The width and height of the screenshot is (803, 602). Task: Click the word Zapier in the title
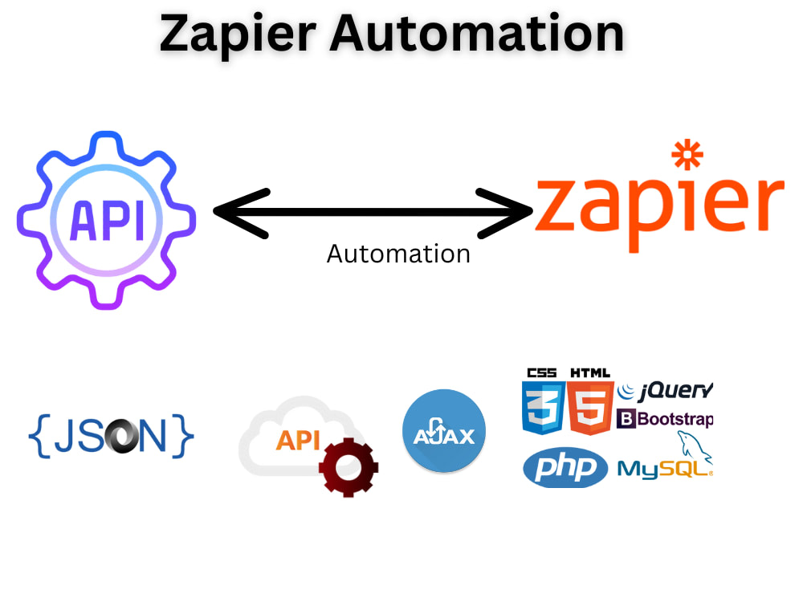pyautogui.click(x=238, y=35)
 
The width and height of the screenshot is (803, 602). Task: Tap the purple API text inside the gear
pyautogui.click(x=107, y=220)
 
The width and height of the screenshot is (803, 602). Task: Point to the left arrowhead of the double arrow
pyautogui.click(x=241, y=213)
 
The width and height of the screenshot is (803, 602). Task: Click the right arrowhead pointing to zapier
pyautogui.click(x=504, y=213)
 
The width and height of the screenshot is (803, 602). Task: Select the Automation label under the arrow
pyautogui.click(x=398, y=254)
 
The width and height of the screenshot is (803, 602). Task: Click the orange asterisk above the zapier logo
pyautogui.click(x=687, y=155)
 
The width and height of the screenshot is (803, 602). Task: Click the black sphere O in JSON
pyautogui.click(x=121, y=437)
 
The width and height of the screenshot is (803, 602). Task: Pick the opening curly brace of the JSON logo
pyautogui.click(x=39, y=436)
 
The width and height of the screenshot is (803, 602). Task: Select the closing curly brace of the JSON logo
pyautogui.click(x=183, y=436)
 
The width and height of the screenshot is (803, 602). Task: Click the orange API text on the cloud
pyautogui.click(x=298, y=440)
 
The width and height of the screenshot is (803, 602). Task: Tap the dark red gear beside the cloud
pyautogui.click(x=349, y=467)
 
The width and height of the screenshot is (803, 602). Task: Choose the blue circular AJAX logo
pyautogui.click(x=444, y=430)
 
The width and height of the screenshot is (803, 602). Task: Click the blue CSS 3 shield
pyautogui.click(x=543, y=408)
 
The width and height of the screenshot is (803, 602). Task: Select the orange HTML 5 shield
pyautogui.click(x=590, y=408)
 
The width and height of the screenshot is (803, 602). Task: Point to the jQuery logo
pyautogui.click(x=665, y=392)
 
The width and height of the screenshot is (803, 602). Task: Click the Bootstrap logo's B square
pyautogui.click(x=626, y=419)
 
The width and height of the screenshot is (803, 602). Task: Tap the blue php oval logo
pyautogui.click(x=565, y=467)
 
